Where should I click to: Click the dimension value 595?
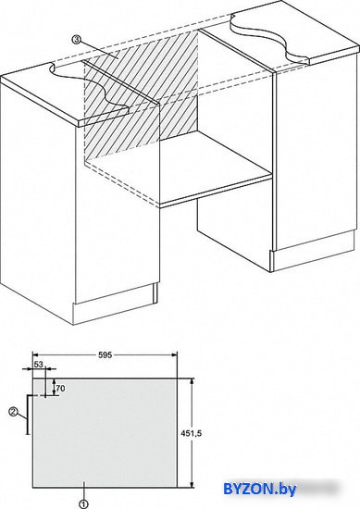[105, 355]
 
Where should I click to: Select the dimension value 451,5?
[191, 433]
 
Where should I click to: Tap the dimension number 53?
[39, 365]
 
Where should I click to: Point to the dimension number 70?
[60, 389]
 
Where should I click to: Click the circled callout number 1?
[83, 504]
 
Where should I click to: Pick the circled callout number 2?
[13, 412]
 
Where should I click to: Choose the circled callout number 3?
[76, 40]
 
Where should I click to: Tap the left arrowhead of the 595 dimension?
[35, 355]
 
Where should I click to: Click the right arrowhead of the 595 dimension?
[174, 355]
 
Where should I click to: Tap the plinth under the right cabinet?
[313, 252]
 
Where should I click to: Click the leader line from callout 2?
[21, 416]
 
